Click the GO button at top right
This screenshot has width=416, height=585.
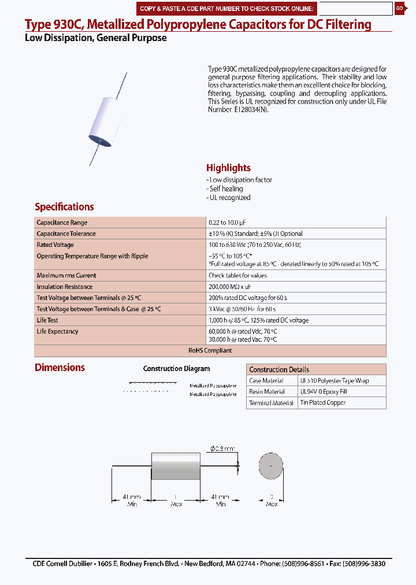(399, 8)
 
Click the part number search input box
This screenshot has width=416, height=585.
(355, 9)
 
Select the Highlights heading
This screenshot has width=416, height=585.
(228, 168)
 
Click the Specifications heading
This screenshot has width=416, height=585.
(64, 207)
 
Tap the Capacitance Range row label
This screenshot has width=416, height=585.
(62, 223)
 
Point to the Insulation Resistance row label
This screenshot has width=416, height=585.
(64, 287)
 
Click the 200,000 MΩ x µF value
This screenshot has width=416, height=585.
(229, 287)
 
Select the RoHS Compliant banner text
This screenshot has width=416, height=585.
(210, 350)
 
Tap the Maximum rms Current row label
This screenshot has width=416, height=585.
(66, 276)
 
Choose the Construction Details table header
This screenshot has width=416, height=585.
(279, 369)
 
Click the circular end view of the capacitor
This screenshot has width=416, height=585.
(270, 466)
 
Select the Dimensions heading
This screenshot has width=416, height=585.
(60, 368)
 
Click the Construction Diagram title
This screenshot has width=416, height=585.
(176, 369)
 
